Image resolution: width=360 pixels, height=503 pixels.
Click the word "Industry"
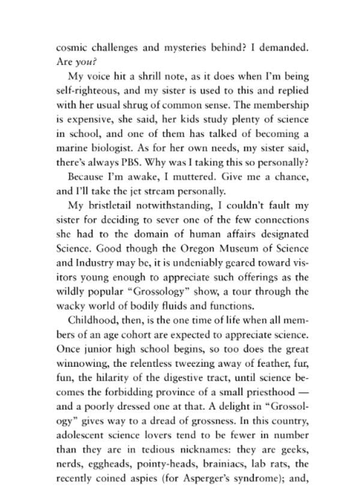[x=95, y=263]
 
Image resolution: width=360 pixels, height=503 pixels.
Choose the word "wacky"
[x=70, y=306]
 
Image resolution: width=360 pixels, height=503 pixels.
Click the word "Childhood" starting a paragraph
[x=91, y=320]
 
